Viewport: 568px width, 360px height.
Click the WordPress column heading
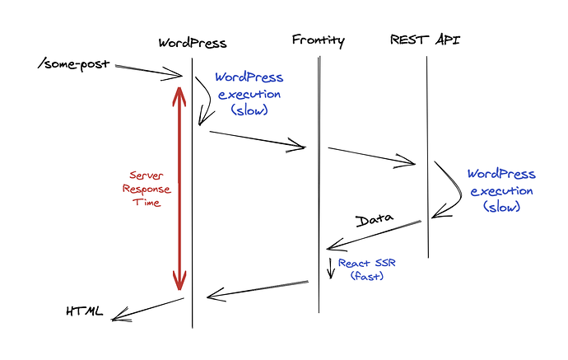pyautogui.click(x=193, y=42)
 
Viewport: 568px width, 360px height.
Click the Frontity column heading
pyautogui.click(x=318, y=40)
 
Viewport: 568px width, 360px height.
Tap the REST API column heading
pyautogui.click(x=425, y=40)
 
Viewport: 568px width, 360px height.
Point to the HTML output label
pyautogui.click(x=85, y=311)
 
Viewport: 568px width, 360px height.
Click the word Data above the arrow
pyautogui.click(x=374, y=221)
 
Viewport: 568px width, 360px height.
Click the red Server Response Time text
pyautogui.click(x=147, y=189)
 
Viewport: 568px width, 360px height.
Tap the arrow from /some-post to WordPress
pyautogui.click(x=148, y=71)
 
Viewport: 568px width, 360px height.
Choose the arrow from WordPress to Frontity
pyautogui.click(x=257, y=139)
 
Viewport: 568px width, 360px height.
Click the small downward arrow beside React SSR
pyautogui.click(x=330, y=269)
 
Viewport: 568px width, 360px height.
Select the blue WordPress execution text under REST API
pyautogui.click(x=501, y=190)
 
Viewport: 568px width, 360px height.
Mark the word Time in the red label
pyautogui.click(x=147, y=203)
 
